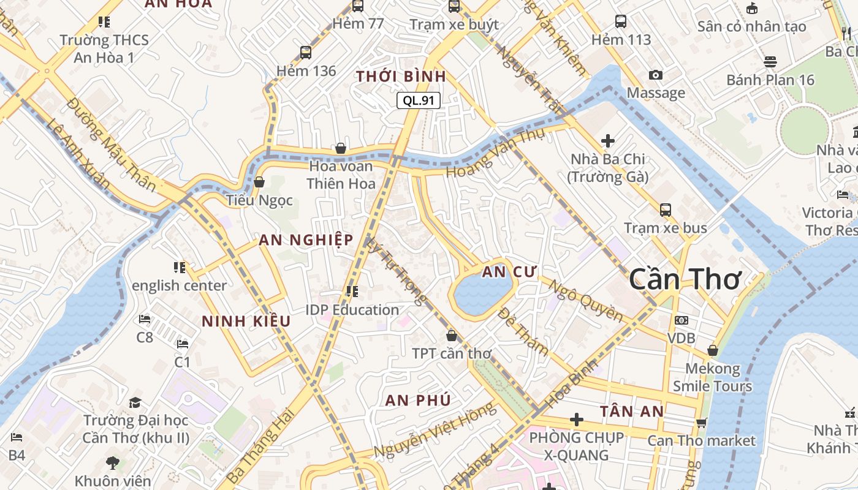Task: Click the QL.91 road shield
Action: pyautogui.click(x=419, y=100)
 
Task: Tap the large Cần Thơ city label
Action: pyautogui.click(x=685, y=280)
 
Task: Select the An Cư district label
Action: pyautogui.click(x=509, y=272)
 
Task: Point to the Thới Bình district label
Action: pyautogui.click(x=401, y=77)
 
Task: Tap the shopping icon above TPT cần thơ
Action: pyautogui.click(x=452, y=336)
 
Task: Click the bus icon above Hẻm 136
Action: pyautogui.click(x=306, y=53)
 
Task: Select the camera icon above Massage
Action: pyautogui.click(x=656, y=75)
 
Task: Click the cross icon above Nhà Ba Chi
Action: pyautogui.click(x=607, y=141)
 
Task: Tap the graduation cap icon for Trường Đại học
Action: pyautogui.click(x=135, y=402)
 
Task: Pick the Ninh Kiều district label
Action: pyautogui.click(x=246, y=321)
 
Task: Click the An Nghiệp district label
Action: pyautogui.click(x=306, y=239)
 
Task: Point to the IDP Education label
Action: pyautogui.click(x=352, y=310)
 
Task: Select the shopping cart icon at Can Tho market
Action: pyautogui.click(x=702, y=423)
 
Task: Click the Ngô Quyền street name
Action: pyautogui.click(x=585, y=301)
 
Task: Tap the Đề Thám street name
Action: pyautogui.click(x=523, y=331)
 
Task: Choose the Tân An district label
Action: pyautogui.click(x=632, y=411)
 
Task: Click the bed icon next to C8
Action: pyautogui.click(x=145, y=319)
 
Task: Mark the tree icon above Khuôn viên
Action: pyautogui.click(x=113, y=462)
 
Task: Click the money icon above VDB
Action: pyautogui.click(x=681, y=320)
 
